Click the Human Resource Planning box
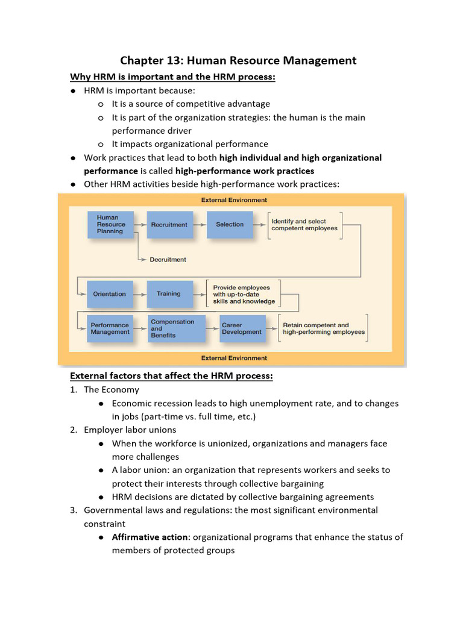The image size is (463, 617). pyautogui.click(x=110, y=225)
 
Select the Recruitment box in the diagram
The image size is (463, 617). pyautogui.click(x=170, y=225)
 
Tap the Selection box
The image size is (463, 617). pyautogui.click(x=230, y=225)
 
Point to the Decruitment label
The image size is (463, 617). pyautogui.click(x=168, y=260)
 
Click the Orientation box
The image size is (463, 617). pyautogui.click(x=110, y=294)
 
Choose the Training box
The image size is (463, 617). pyautogui.click(x=169, y=294)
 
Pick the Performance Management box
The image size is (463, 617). pyautogui.click(x=110, y=329)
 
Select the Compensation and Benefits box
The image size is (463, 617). pyautogui.click(x=169, y=329)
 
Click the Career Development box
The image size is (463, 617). pyautogui.click(x=242, y=329)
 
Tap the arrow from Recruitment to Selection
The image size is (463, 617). pyautogui.click(x=200, y=225)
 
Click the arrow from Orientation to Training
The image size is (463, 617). pyautogui.click(x=140, y=294)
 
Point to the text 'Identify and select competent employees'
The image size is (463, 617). pyautogui.click(x=304, y=225)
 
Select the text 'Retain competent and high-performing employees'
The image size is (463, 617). pyautogui.click(x=324, y=329)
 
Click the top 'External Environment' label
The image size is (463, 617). pyautogui.click(x=234, y=200)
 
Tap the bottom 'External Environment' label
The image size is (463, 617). pyautogui.click(x=234, y=358)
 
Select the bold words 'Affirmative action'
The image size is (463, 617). pyautogui.click(x=150, y=537)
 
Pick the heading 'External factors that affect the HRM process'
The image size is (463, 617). pyautogui.click(x=172, y=376)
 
